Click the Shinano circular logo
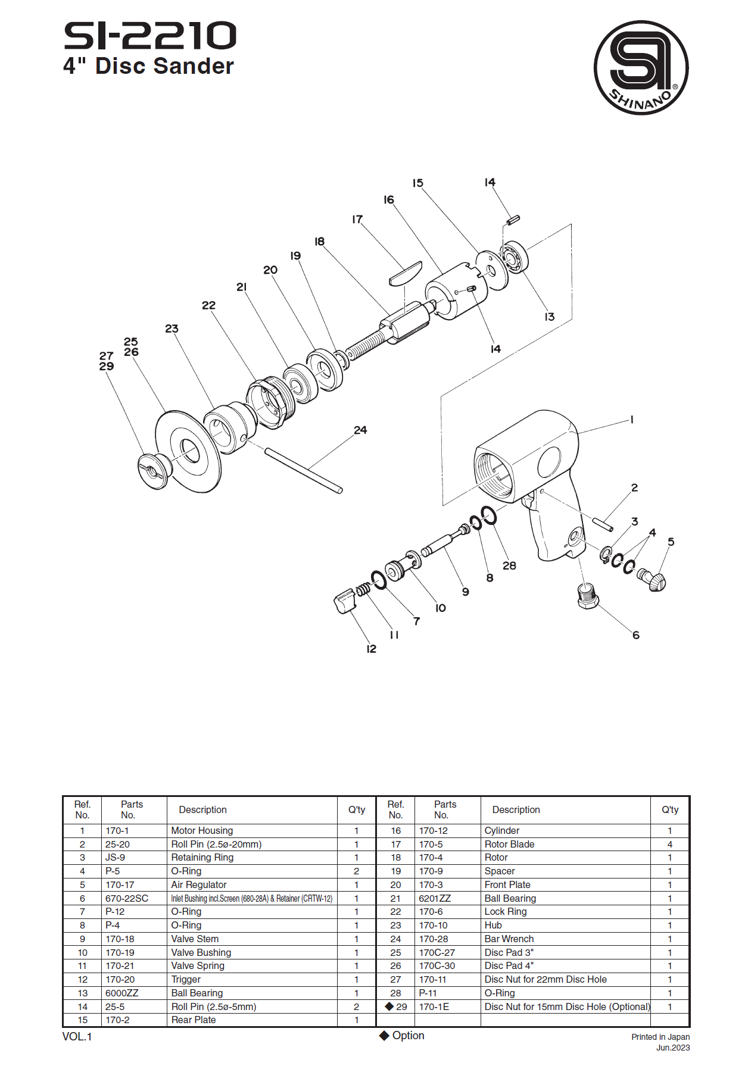coord(641,67)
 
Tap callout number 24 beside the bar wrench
coord(360,430)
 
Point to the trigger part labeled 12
coord(345,601)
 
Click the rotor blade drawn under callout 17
coord(406,274)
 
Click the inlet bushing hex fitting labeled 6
coord(588,595)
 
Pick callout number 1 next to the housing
coord(632,420)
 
